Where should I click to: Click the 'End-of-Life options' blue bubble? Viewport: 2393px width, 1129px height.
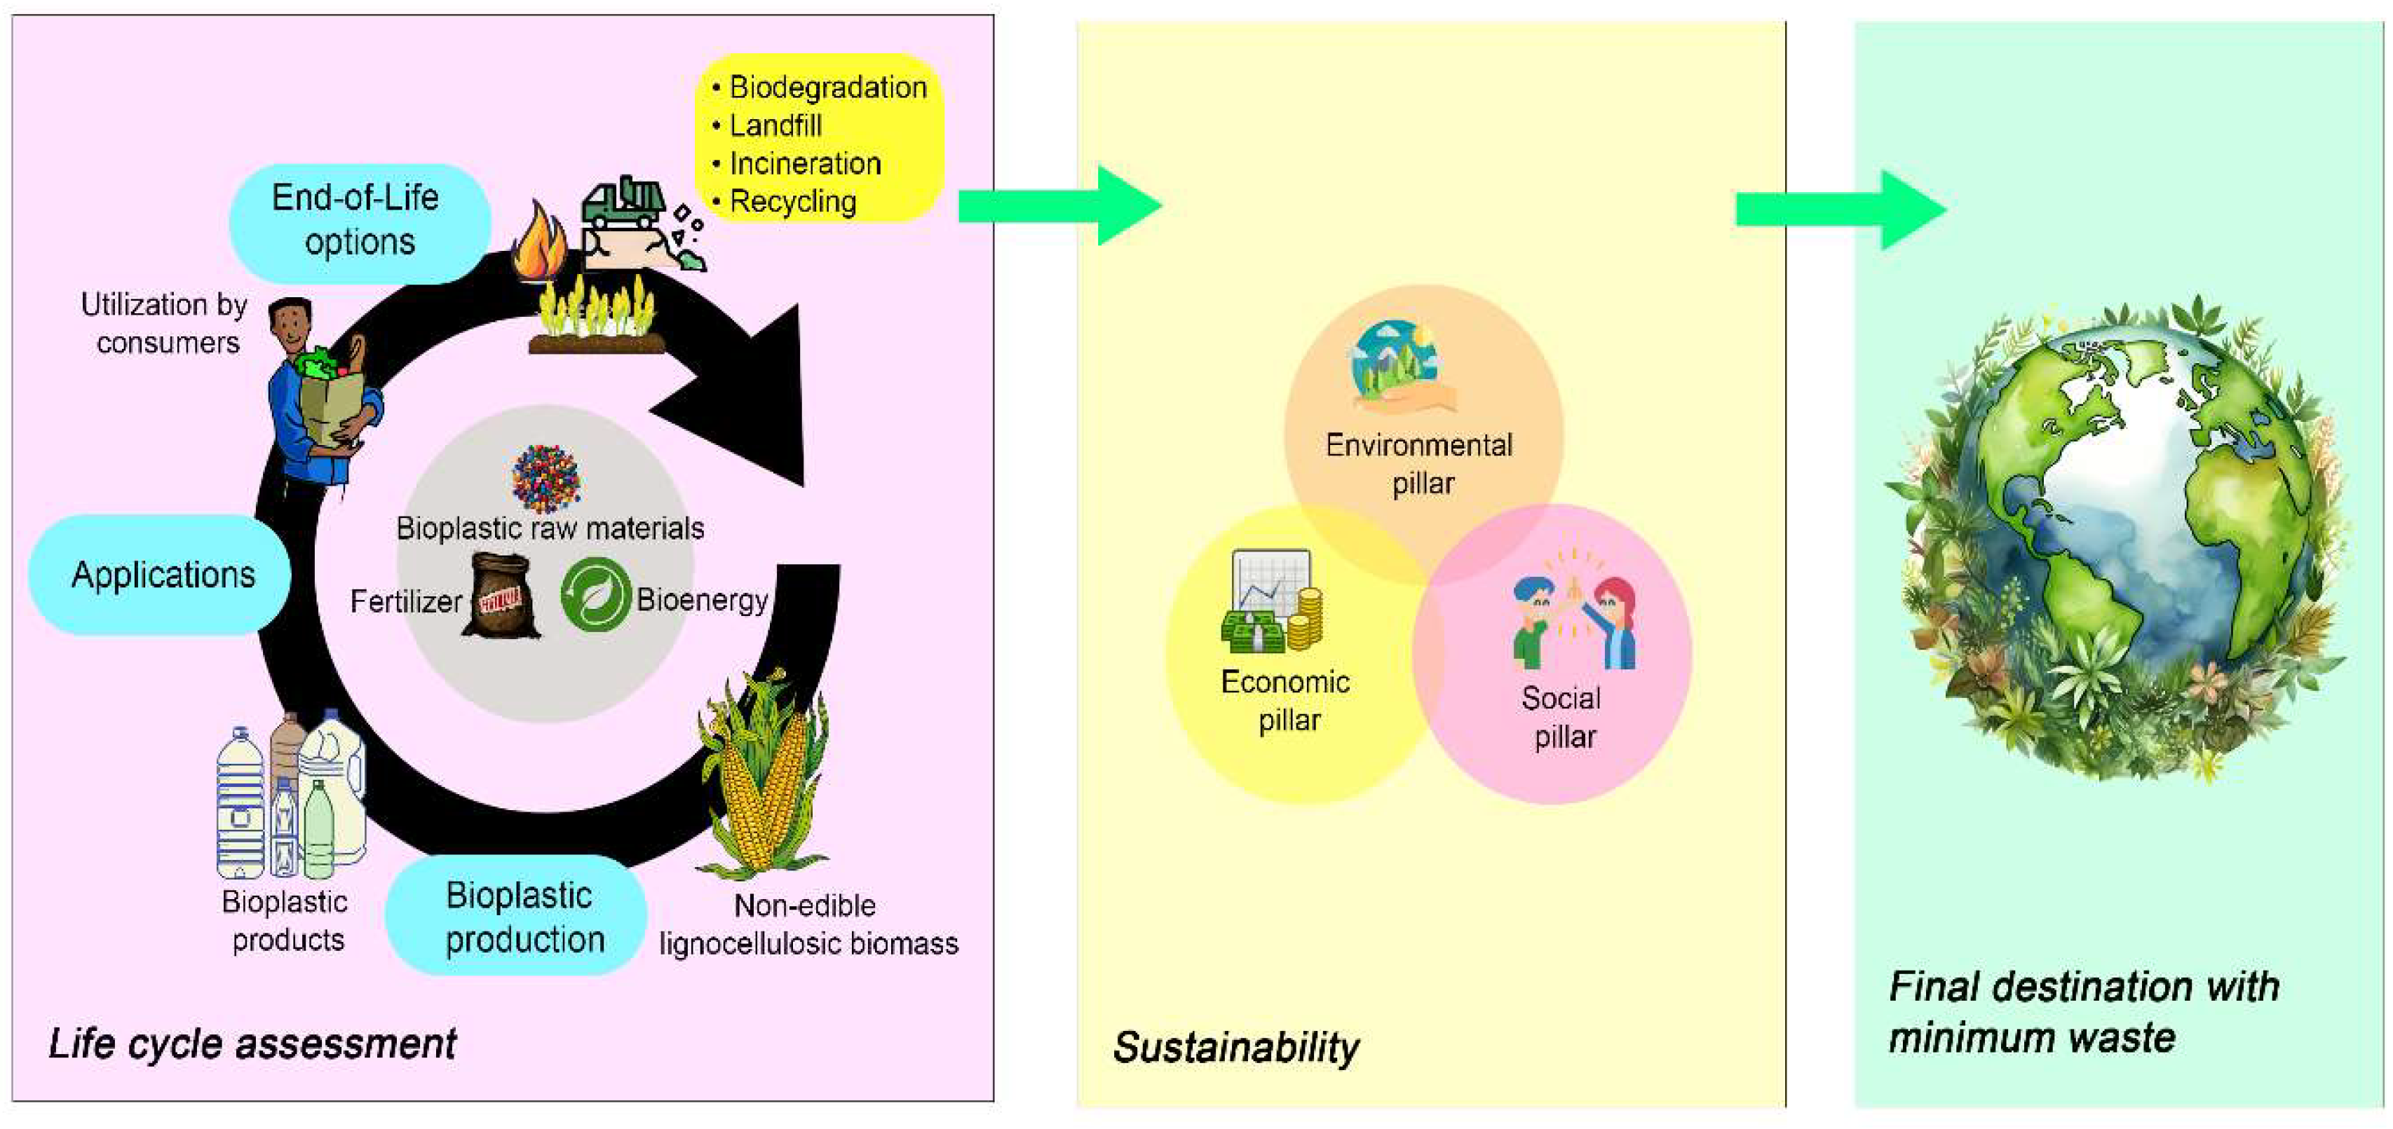click(360, 222)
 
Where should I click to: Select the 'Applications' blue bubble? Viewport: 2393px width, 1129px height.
click(161, 575)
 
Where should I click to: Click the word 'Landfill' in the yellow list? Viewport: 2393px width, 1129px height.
click(775, 125)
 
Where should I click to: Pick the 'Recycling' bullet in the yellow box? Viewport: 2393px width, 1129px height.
click(792, 201)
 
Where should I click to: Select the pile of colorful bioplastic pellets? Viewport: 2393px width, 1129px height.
click(546, 477)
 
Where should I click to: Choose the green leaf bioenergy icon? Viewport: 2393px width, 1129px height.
click(595, 594)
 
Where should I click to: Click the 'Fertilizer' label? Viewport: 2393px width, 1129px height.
click(405, 601)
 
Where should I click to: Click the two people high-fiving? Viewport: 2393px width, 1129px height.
click(1575, 617)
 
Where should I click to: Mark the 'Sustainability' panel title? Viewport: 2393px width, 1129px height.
click(1235, 1047)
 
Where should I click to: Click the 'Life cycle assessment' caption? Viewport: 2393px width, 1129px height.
click(252, 1044)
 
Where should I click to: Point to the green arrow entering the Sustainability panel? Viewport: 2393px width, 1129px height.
click(1058, 205)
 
